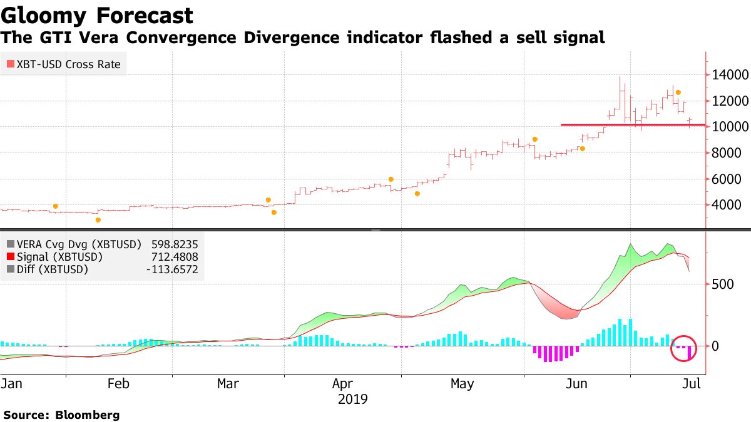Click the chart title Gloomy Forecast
click(97, 15)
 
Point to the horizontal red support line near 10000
click(626, 124)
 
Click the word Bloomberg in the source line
click(88, 414)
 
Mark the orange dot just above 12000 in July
click(678, 93)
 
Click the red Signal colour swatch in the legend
click(10, 257)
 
